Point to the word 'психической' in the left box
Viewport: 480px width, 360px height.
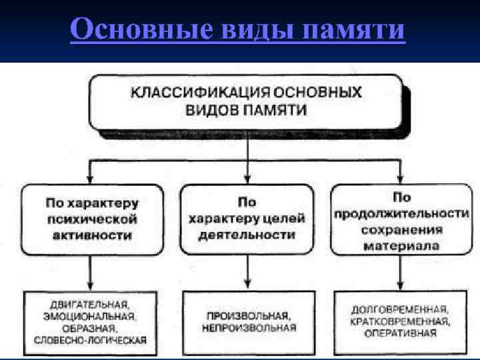point(92,219)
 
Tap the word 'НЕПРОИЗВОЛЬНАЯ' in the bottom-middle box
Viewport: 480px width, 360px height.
point(248,328)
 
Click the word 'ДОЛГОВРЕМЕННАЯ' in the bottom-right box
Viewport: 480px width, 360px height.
point(399,310)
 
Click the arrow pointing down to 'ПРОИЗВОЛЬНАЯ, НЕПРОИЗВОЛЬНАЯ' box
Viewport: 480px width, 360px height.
point(248,273)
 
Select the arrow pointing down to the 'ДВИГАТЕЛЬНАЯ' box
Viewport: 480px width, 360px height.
point(91,273)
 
